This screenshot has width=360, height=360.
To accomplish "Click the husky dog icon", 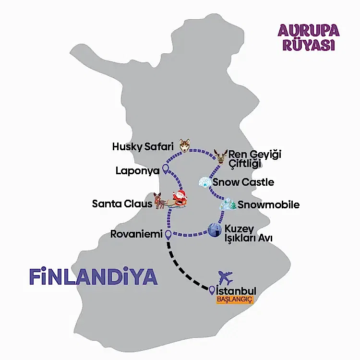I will pos(185,145).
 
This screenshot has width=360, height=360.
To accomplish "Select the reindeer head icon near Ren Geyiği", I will pos(221,156).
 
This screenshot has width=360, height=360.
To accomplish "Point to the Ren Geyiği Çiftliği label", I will pos(254,159).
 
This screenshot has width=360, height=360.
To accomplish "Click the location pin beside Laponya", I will pos(166,169).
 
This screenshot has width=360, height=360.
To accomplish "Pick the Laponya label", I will pos(137,170).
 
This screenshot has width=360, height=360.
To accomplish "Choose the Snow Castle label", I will pos(243,182).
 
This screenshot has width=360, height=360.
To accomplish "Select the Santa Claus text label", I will pos(122,204).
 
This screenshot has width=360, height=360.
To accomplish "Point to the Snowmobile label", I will pos(268,205).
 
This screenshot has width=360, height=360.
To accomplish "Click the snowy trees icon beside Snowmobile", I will pos(228,204).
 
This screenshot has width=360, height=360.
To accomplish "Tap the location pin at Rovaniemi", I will pos(168,235).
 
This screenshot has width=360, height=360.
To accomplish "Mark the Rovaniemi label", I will pos(137,235).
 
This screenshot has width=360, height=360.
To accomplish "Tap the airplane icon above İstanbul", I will pos(225,277).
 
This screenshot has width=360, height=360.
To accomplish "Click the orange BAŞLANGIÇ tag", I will pos(234,300).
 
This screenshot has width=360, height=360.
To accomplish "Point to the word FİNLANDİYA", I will pos(93,277).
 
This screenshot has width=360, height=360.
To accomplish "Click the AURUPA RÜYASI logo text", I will pos(309,37).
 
